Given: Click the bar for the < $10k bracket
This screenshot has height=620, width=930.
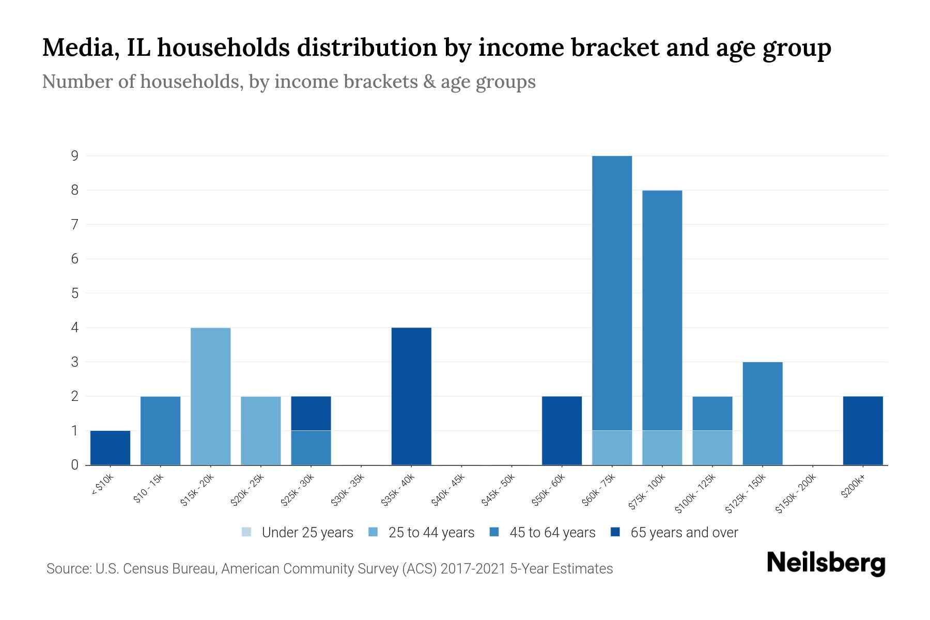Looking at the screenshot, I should [110, 447].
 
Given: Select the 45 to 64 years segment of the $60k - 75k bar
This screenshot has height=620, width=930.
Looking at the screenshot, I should [612, 293].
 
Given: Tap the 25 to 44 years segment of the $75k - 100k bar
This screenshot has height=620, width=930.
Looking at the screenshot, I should [662, 447].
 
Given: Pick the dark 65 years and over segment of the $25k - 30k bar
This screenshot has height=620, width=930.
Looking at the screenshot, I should [311, 413].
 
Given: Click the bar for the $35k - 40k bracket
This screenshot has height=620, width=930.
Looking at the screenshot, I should [411, 396].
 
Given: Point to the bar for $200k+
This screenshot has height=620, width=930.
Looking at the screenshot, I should [863, 430].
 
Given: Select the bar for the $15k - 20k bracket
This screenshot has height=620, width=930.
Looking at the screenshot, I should [211, 396].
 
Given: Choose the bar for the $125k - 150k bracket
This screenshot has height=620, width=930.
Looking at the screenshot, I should [763, 413].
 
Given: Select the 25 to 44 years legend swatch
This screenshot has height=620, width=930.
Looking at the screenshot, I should [373, 532].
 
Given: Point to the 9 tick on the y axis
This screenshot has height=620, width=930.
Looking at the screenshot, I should [75, 156].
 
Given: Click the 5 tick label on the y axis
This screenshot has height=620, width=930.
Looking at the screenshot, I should [75, 293].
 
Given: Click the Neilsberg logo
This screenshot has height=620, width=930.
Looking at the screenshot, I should [826, 563].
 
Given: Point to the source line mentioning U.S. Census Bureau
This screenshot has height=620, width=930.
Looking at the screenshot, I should [329, 569].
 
